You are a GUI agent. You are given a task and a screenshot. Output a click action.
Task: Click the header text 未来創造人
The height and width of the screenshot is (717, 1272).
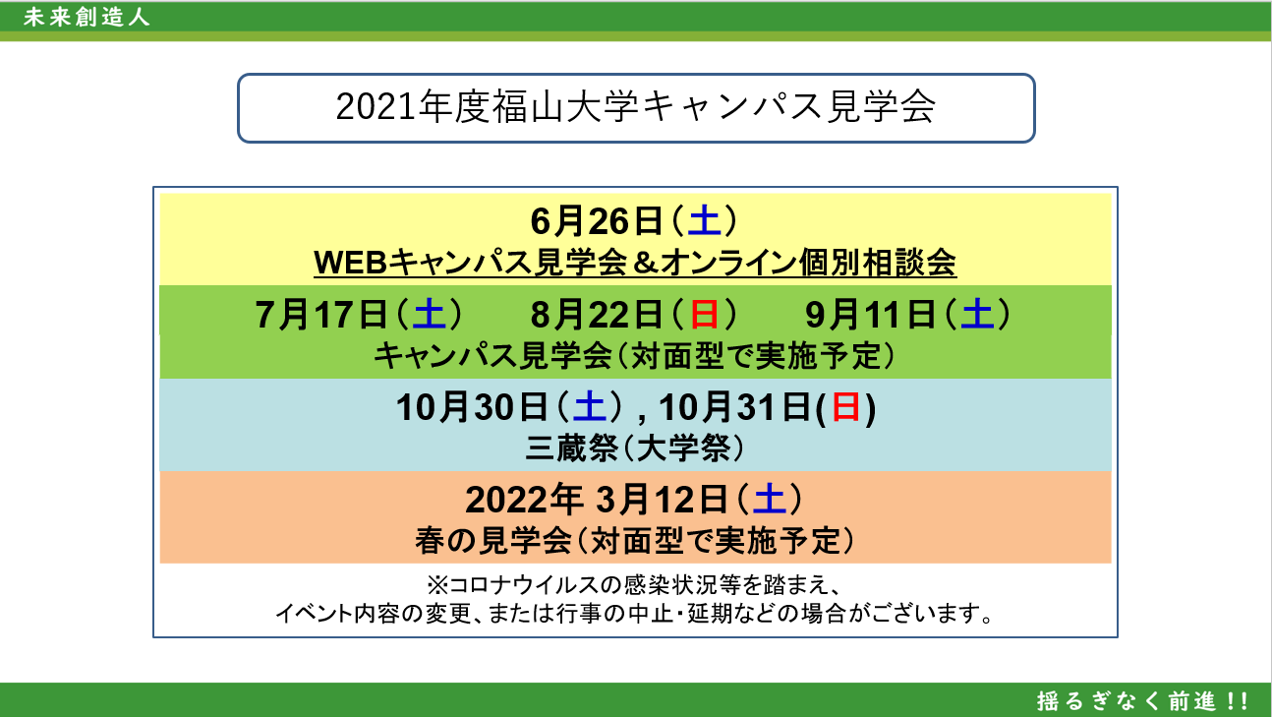click(87, 17)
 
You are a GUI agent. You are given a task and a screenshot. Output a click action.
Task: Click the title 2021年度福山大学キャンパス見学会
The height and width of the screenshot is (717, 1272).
click(635, 107)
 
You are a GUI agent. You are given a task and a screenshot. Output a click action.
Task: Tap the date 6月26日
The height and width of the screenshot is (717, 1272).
click(597, 221)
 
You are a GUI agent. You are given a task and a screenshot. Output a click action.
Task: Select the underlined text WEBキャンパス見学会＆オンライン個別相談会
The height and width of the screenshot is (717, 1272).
click(635, 263)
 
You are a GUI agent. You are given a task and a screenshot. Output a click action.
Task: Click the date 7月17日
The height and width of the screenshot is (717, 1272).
click(321, 315)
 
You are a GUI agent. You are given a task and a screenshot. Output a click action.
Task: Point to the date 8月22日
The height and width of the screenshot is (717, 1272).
click(597, 315)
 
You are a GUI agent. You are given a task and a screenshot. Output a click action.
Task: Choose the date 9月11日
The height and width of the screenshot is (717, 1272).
click(870, 315)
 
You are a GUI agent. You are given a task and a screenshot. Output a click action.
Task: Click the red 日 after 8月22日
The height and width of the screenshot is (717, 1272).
click(704, 315)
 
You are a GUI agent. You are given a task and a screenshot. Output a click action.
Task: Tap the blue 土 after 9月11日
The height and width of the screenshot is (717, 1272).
click(977, 315)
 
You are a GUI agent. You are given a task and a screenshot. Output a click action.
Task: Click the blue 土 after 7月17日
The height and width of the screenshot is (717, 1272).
click(429, 315)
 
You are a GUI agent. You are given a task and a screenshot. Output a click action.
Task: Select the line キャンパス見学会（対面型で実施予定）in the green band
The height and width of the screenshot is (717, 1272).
click(635, 356)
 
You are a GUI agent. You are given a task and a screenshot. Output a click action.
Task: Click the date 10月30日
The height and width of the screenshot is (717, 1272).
click(472, 407)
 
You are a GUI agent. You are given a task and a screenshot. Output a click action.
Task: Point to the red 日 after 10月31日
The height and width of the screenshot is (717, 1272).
click(845, 407)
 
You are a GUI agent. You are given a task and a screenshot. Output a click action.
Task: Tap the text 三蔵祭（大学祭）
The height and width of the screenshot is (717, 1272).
click(635, 448)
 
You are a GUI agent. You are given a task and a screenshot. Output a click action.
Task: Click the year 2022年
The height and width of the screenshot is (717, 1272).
click(524, 500)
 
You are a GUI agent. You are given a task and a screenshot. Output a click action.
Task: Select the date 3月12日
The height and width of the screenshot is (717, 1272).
click(663, 500)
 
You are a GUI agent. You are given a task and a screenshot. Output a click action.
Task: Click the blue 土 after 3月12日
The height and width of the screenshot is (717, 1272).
click(770, 500)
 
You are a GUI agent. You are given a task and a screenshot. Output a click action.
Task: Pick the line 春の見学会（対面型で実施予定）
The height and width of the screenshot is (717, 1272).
click(635, 540)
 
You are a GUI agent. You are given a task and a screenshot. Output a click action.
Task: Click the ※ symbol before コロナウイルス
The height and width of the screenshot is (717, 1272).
click(437, 584)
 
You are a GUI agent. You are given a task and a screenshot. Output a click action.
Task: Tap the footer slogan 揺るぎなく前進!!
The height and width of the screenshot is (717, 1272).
click(1142, 701)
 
